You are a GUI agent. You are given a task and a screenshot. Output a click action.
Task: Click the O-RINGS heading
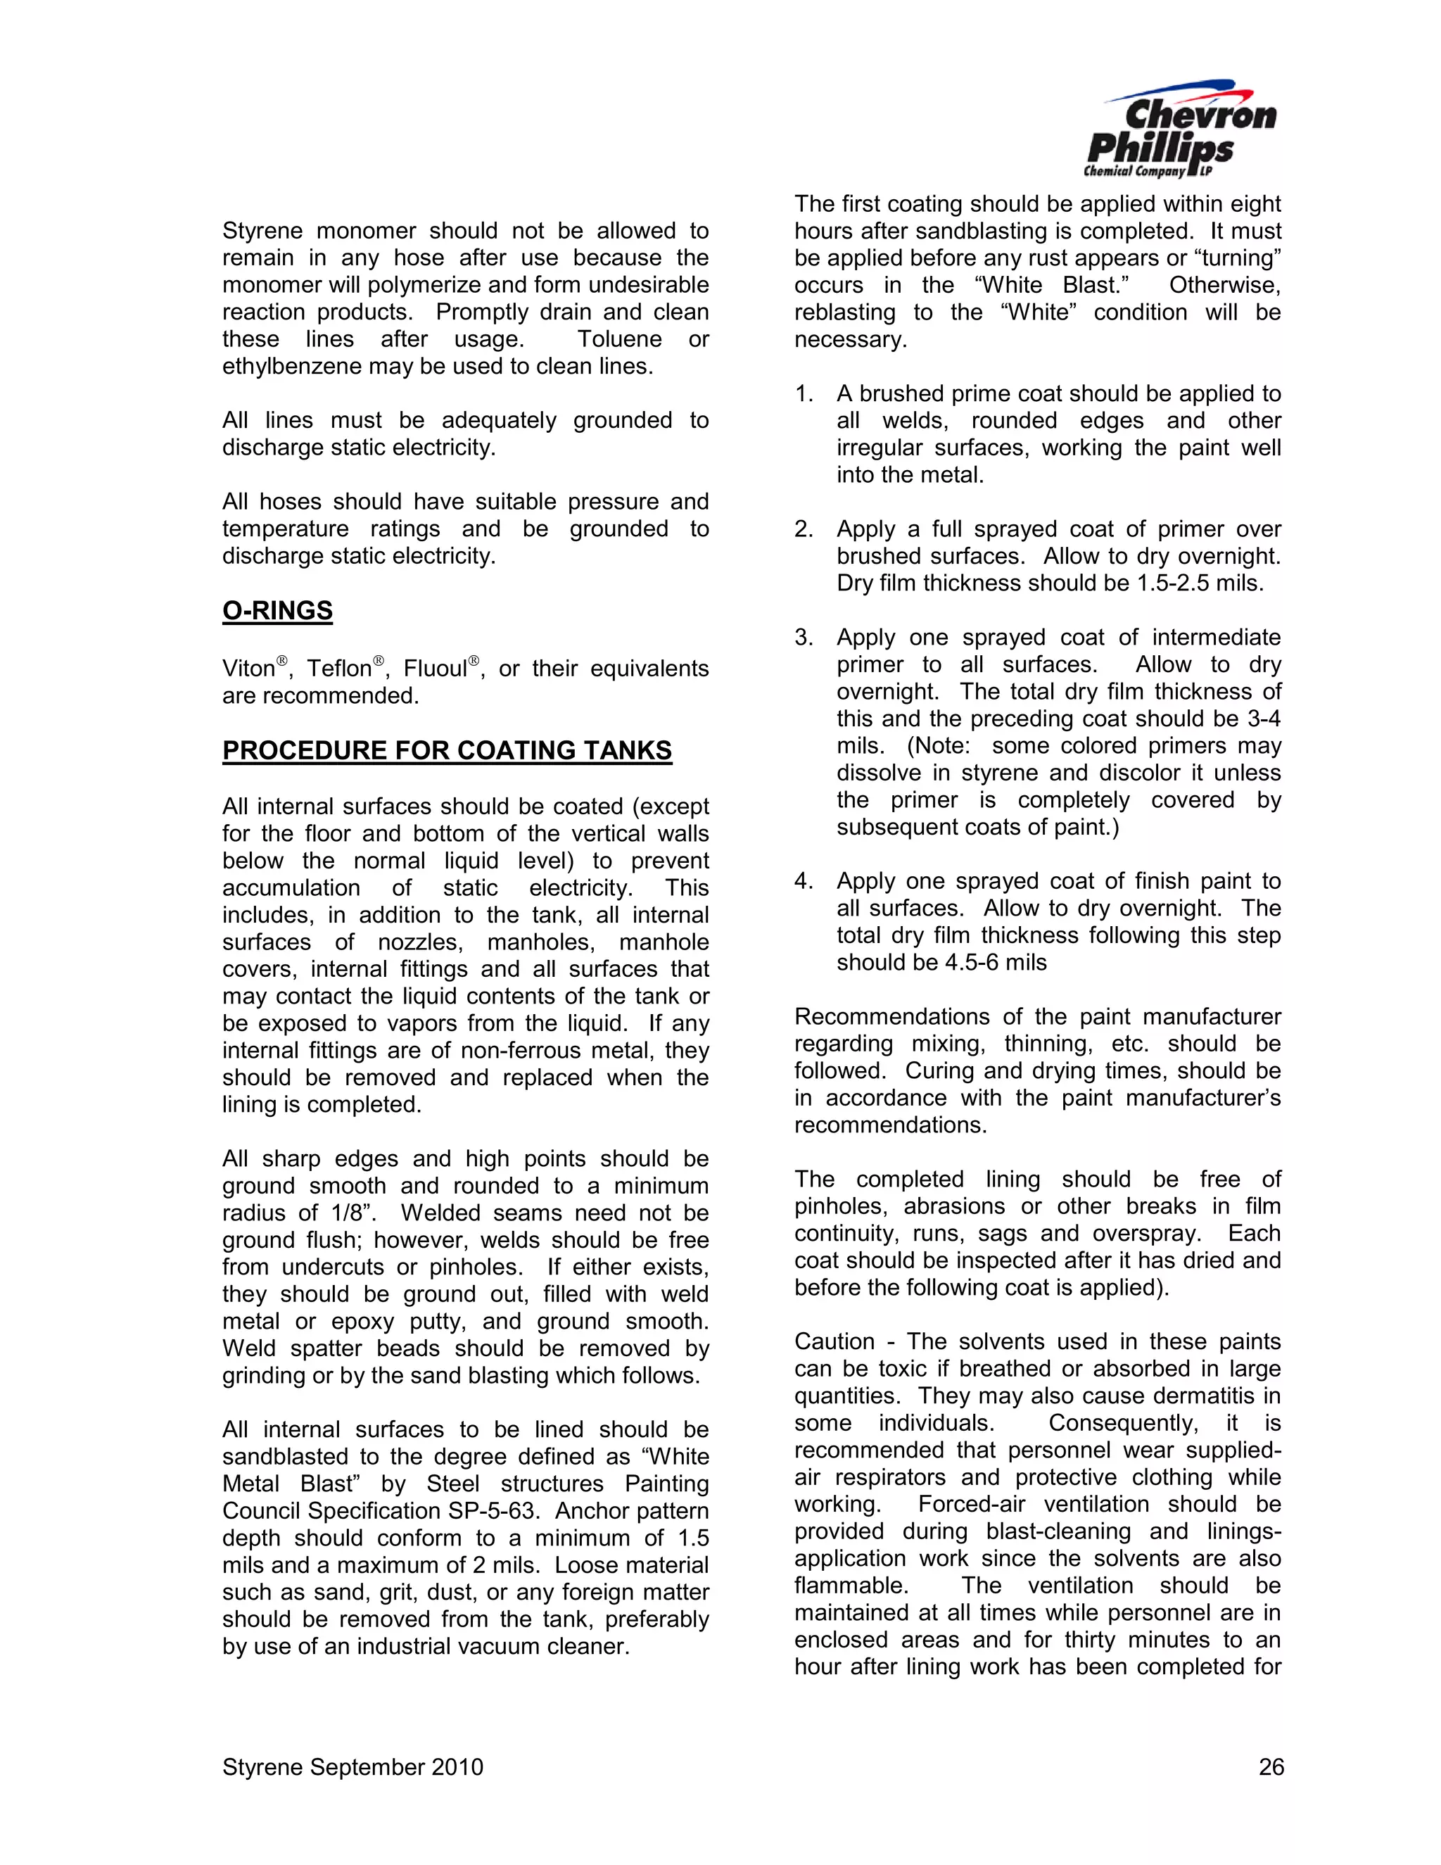pos(277,611)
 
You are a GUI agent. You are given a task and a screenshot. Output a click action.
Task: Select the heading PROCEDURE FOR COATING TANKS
pos(447,751)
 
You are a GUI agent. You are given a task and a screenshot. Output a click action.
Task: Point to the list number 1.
pos(804,393)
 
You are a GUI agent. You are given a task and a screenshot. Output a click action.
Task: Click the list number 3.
pos(804,638)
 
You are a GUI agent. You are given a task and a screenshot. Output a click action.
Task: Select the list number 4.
pos(804,881)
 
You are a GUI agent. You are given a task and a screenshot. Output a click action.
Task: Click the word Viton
pos(248,669)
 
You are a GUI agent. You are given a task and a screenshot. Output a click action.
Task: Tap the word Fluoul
pos(436,669)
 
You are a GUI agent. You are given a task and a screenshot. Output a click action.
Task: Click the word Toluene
pos(620,340)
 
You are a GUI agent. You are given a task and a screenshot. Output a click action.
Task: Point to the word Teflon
pos(339,669)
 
